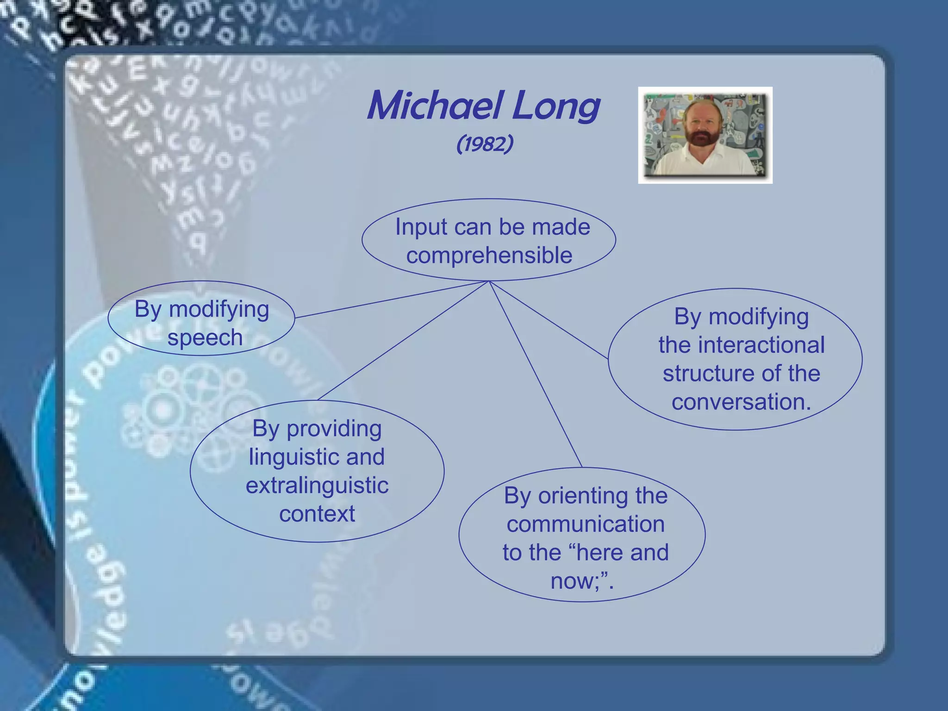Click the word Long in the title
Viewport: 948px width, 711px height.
pyautogui.click(x=556, y=106)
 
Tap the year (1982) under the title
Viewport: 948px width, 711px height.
pyautogui.click(x=485, y=144)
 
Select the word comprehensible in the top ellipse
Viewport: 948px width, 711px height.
pyautogui.click(x=489, y=256)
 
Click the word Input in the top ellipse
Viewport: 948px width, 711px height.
pyautogui.click(x=421, y=227)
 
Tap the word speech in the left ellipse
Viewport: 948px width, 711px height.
pyautogui.click(x=205, y=337)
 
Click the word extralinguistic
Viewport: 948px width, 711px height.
pyautogui.click(x=317, y=486)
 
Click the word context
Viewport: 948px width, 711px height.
pyautogui.click(x=317, y=514)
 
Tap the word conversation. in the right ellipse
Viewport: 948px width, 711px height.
pyautogui.click(x=741, y=402)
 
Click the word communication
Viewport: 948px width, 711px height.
pyautogui.click(x=586, y=524)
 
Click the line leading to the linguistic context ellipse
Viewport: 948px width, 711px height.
pyautogui.click(x=403, y=341)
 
